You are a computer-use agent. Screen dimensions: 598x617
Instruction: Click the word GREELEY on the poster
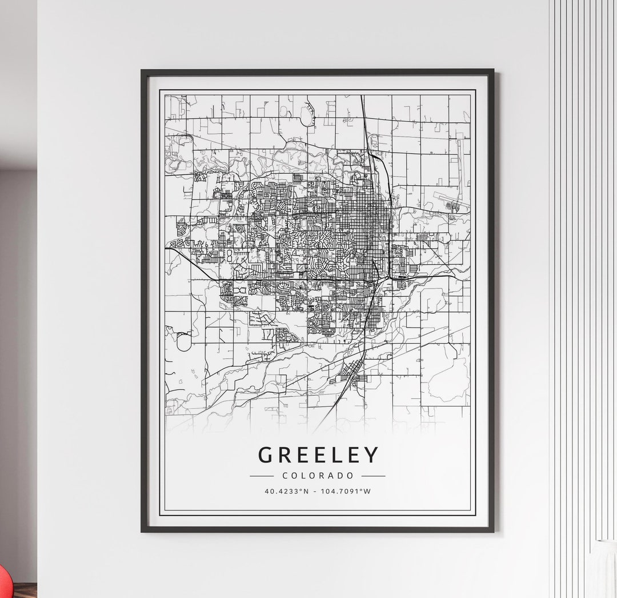click(318, 455)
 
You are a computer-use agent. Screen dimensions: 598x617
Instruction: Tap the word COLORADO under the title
click(318, 476)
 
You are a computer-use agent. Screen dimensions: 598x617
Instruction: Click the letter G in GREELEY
click(265, 455)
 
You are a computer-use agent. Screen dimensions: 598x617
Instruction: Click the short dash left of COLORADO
click(262, 476)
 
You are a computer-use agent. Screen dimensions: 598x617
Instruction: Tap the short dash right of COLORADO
click(373, 476)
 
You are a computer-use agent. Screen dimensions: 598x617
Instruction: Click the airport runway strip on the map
click(451, 201)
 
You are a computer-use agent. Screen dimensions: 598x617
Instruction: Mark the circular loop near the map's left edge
click(183, 342)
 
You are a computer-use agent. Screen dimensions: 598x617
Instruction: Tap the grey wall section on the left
click(17, 343)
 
